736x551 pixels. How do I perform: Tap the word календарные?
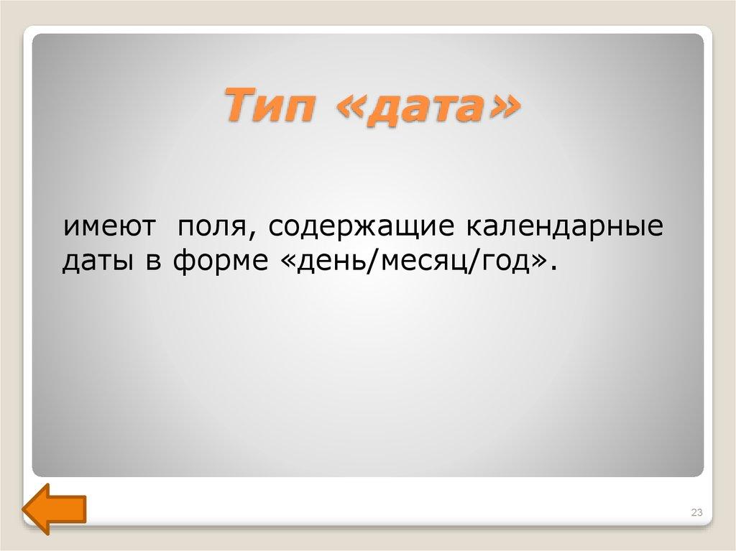(566, 228)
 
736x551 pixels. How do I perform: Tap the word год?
(505, 263)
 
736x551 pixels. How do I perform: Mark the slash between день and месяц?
(367, 263)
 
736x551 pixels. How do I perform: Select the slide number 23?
(696, 511)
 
